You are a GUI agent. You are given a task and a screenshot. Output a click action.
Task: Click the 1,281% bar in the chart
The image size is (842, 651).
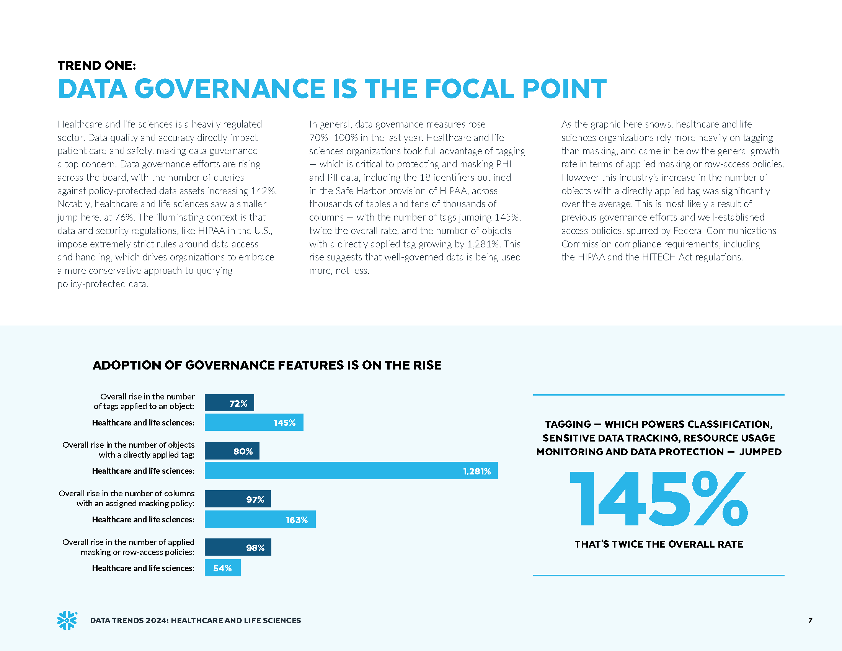(351, 471)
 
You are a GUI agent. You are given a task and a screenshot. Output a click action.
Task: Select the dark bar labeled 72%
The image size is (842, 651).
(229, 403)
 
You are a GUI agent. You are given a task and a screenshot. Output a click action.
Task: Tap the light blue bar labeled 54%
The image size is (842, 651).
(222, 568)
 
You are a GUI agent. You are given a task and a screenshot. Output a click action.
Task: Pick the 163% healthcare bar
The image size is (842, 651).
(260, 519)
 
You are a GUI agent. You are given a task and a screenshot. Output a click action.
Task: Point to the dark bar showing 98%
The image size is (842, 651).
(238, 547)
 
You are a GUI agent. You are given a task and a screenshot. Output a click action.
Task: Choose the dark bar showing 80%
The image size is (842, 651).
(232, 451)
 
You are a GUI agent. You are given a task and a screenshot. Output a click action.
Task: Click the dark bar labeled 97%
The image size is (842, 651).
(238, 499)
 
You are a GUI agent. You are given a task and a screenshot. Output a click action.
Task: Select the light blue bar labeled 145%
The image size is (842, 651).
(254, 422)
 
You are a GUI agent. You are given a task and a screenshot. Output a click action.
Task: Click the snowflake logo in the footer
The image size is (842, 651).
(67, 620)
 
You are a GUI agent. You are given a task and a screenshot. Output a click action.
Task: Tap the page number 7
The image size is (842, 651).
(810, 620)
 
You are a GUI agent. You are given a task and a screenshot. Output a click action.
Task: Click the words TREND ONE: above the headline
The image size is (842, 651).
(97, 65)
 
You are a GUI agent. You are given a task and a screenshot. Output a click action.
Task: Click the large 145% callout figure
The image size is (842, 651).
(659, 498)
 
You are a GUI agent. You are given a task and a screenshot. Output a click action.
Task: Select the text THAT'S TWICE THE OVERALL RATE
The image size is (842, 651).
(659, 544)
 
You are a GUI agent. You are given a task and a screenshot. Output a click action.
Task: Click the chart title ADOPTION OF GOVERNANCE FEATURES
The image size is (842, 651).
(267, 365)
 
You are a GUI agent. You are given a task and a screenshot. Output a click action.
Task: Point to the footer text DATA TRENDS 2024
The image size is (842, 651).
(129, 620)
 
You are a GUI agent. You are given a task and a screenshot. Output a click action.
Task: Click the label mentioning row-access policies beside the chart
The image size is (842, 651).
(137, 552)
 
